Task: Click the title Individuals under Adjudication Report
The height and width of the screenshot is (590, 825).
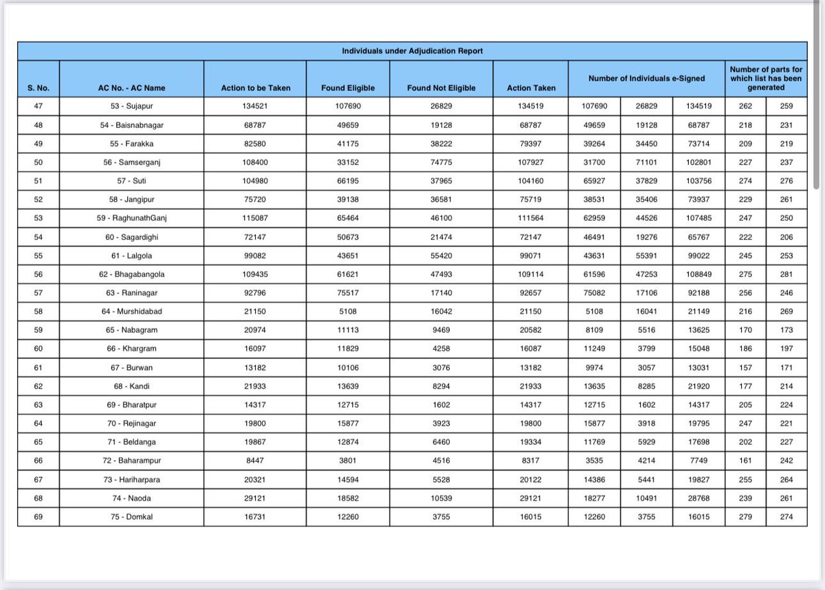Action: click(x=412, y=51)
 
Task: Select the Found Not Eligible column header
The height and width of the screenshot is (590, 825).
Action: click(x=441, y=88)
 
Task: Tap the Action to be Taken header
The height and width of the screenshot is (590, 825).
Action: click(x=256, y=88)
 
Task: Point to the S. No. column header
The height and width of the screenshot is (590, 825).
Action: click(x=38, y=88)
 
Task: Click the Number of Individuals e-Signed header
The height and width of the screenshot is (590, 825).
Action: click(x=646, y=78)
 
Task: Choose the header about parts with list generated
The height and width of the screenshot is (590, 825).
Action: click(x=766, y=78)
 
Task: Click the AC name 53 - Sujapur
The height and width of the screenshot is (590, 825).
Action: click(x=131, y=107)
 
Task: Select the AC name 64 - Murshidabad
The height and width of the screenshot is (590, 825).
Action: click(x=131, y=312)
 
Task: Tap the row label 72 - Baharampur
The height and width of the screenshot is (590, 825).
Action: click(x=131, y=461)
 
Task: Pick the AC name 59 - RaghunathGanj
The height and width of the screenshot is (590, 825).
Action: click(x=131, y=218)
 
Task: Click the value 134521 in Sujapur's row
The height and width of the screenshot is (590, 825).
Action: click(x=256, y=107)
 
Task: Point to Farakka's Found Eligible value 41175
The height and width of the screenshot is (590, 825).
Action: click(x=348, y=144)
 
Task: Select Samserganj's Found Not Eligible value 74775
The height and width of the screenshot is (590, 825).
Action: click(x=441, y=162)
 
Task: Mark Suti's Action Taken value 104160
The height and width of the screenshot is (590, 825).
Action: click(x=530, y=181)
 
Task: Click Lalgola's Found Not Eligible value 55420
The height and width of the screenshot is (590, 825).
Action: click(x=441, y=256)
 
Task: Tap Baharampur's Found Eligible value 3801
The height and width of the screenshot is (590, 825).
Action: click(x=348, y=461)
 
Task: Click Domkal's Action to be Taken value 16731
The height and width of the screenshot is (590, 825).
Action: click(x=256, y=516)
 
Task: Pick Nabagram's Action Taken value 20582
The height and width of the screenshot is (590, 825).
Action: click(x=530, y=330)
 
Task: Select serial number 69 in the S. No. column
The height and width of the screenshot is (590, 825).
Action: click(x=38, y=516)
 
